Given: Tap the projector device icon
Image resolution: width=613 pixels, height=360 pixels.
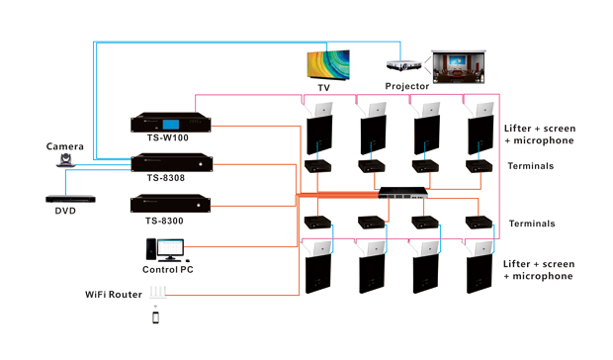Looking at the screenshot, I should [401, 66].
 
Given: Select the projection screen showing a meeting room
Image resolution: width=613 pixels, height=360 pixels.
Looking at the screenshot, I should [460, 68].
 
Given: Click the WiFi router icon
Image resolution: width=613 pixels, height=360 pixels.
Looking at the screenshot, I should [156, 294].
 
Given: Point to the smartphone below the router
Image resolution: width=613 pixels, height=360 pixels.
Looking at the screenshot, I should [155, 317].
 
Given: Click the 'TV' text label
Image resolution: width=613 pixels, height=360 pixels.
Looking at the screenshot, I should [323, 87].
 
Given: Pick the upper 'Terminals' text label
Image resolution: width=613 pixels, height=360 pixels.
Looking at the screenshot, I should [531, 166].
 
